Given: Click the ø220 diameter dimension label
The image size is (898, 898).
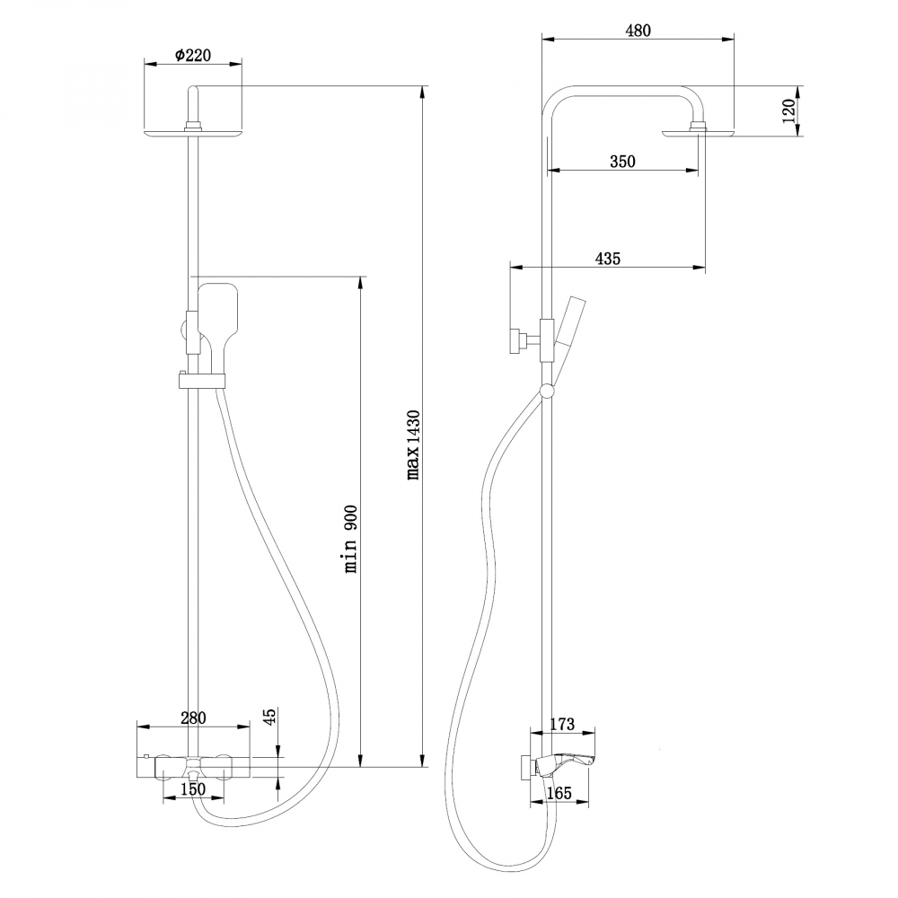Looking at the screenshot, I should click(x=192, y=56).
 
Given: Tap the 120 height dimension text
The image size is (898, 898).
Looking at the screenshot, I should click(x=788, y=111).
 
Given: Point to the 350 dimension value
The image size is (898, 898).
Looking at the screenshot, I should click(x=622, y=162).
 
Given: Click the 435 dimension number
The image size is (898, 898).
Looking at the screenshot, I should click(x=608, y=259).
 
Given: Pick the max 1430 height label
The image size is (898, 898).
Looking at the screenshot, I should click(x=413, y=445).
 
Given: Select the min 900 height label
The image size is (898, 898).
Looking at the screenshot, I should click(x=351, y=539).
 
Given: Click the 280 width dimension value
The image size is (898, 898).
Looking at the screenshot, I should click(x=193, y=718).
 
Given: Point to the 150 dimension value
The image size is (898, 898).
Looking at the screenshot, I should click(x=193, y=789).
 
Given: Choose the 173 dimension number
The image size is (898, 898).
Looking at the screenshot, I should click(x=560, y=724).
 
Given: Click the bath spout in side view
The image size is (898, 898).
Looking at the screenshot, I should click(x=566, y=762).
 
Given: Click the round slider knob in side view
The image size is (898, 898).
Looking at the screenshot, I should click(x=546, y=390).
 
